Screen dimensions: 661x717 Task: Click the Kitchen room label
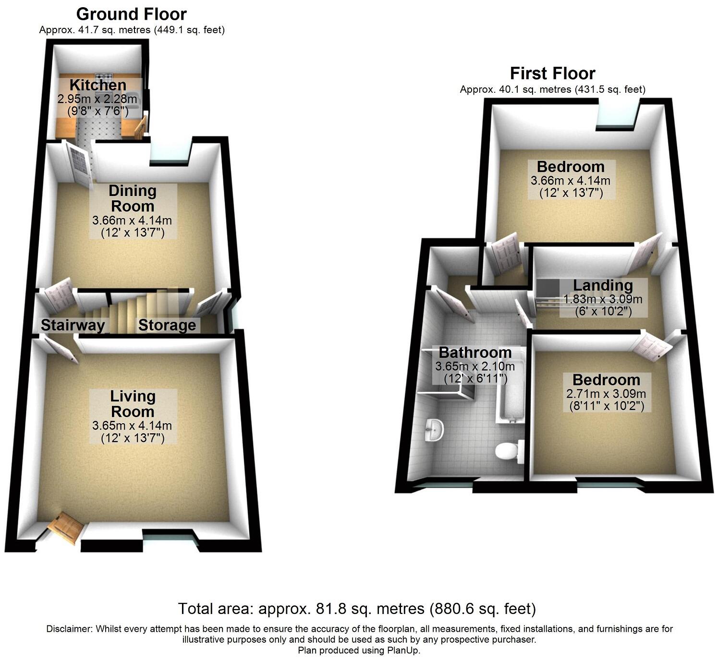point(98,85)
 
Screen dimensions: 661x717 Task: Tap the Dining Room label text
point(133,198)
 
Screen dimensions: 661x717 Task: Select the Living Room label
point(133,404)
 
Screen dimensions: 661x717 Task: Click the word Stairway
point(73,325)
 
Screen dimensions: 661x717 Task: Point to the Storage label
point(167,325)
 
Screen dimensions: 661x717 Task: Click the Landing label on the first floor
point(603,285)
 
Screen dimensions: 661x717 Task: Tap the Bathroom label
point(475,353)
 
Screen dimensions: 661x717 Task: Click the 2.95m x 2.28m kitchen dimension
point(97,99)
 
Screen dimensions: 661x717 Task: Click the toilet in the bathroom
point(507,452)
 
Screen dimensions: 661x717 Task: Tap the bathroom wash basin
point(435,429)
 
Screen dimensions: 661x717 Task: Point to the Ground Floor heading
point(132,14)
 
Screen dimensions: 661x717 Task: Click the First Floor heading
point(552,73)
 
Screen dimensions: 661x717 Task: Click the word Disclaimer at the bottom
point(70,629)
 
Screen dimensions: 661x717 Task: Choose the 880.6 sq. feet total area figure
point(482,609)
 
